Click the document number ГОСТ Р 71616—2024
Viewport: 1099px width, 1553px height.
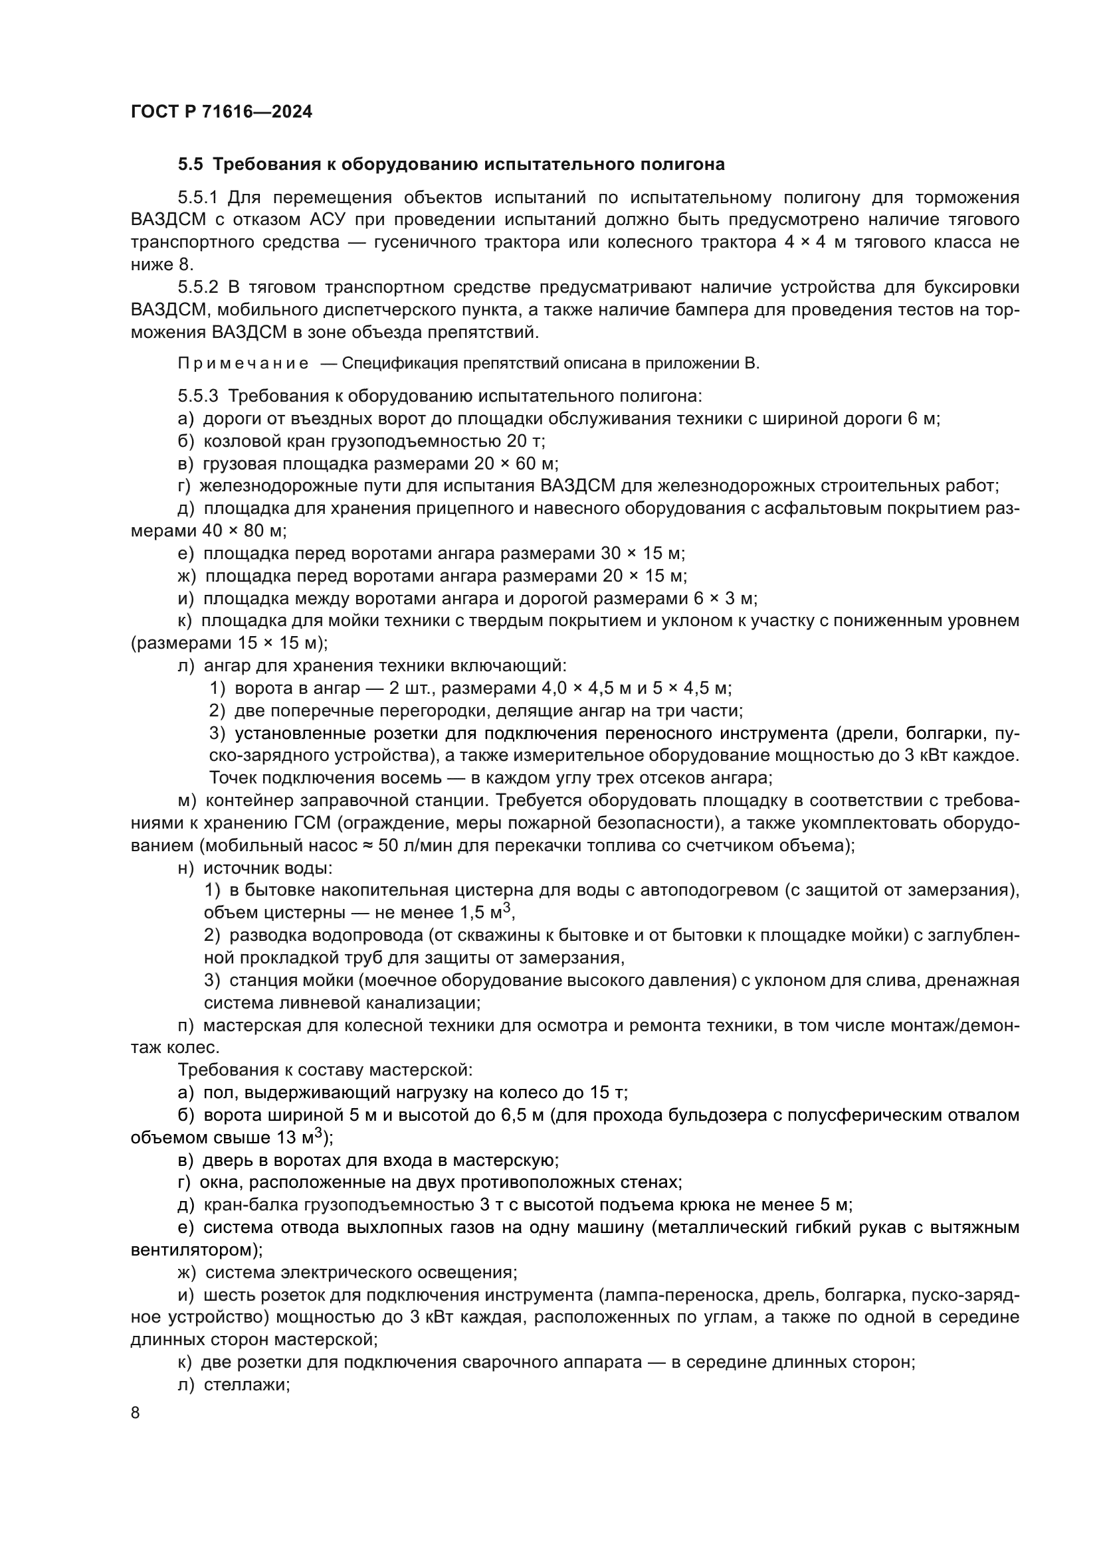tap(221, 112)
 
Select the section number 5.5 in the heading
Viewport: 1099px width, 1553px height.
tap(190, 165)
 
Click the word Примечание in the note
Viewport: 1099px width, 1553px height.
tap(243, 364)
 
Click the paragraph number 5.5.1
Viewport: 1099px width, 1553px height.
tap(197, 198)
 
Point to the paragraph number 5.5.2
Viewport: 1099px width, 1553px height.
tap(197, 287)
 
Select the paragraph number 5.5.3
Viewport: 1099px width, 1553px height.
tap(197, 396)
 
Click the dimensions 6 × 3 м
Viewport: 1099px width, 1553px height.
tap(725, 599)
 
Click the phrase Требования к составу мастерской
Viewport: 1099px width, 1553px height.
tap(325, 1070)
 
